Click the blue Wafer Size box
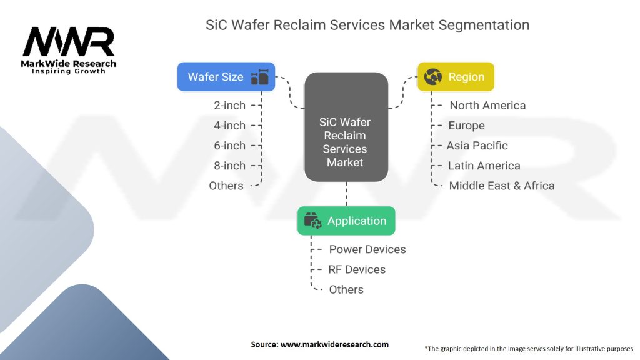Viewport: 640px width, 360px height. (226, 77)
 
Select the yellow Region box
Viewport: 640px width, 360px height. (455, 77)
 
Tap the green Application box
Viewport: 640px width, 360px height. (346, 221)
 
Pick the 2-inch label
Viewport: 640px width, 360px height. (229, 106)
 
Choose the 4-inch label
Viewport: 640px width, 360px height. (229, 126)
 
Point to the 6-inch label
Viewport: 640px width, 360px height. (229, 146)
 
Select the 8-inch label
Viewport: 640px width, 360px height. (229, 166)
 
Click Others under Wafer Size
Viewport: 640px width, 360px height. (226, 186)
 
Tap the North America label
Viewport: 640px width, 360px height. (487, 106)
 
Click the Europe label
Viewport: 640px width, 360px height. (466, 126)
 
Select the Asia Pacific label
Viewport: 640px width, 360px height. (477, 146)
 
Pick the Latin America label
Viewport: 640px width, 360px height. (484, 166)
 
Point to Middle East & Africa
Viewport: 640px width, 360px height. (501, 186)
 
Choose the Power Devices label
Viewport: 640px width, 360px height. (367, 249)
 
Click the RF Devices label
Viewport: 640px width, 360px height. (357, 269)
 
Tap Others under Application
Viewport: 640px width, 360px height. (346, 289)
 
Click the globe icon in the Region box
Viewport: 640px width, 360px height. (433, 77)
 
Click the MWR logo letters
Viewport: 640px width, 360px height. (69, 42)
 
